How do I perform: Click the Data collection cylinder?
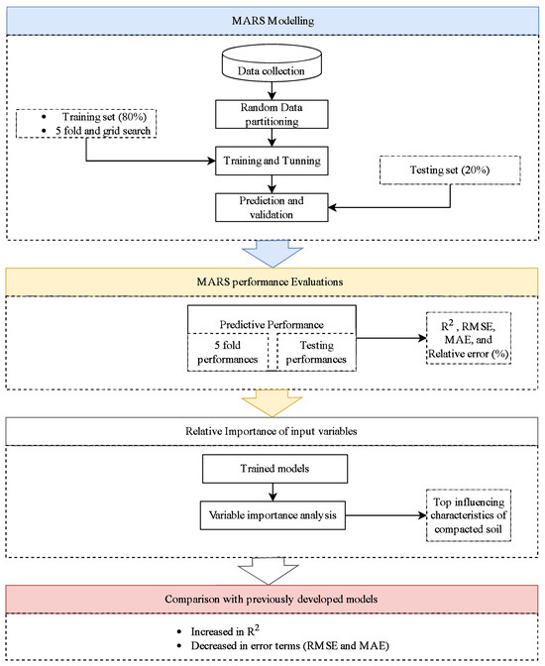click(x=272, y=63)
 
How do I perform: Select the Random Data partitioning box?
click(x=272, y=114)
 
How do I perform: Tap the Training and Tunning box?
click(x=272, y=161)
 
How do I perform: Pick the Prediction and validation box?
click(x=272, y=207)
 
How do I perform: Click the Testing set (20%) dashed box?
click(x=450, y=169)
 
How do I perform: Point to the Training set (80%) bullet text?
click(x=104, y=117)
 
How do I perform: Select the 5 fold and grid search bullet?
click(x=103, y=131)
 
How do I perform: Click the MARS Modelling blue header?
click(x=272, y=21)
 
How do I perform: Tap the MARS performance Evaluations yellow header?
click(x=272, y=282)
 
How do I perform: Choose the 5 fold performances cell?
click(x=228, y=352)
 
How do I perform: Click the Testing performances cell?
click(x=316, y=352)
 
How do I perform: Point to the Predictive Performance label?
click(x=272, y=324)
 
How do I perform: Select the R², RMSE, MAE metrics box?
click(x=469, y=339)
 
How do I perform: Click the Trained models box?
click(x=274, y=469)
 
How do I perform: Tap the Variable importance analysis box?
click(x=272, y=515)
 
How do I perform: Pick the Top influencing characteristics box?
click(x=469, y=515)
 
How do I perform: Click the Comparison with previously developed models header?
click(x=272, y=599)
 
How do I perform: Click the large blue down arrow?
click(x=272, y=254)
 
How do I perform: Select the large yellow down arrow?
click(x=272, y=403)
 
